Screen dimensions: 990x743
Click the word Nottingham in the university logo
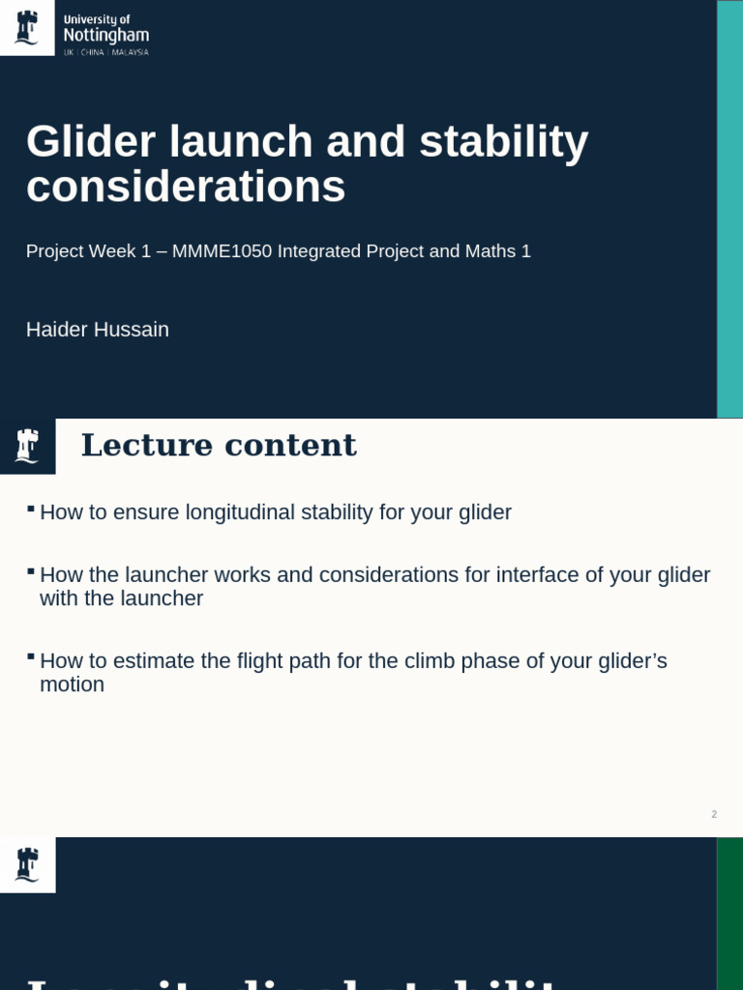point(105,36)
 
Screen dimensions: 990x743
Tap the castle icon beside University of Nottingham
point(27,27)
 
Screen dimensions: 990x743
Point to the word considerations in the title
point(186,187)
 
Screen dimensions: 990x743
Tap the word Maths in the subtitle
point(490,251)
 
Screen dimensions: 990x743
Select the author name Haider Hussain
point(98,330)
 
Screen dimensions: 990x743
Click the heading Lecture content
point(219,446)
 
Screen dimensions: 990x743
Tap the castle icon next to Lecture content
point(27,446)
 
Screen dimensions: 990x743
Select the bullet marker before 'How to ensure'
point(31,508)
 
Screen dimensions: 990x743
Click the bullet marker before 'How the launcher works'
point(31,570)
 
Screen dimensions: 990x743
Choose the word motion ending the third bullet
point(72,684)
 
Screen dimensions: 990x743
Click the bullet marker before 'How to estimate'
point(31,656)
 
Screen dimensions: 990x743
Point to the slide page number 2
point(714,814)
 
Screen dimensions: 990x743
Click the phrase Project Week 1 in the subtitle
point(88,251)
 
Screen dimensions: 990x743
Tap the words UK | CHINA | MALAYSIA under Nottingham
point(105,52)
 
